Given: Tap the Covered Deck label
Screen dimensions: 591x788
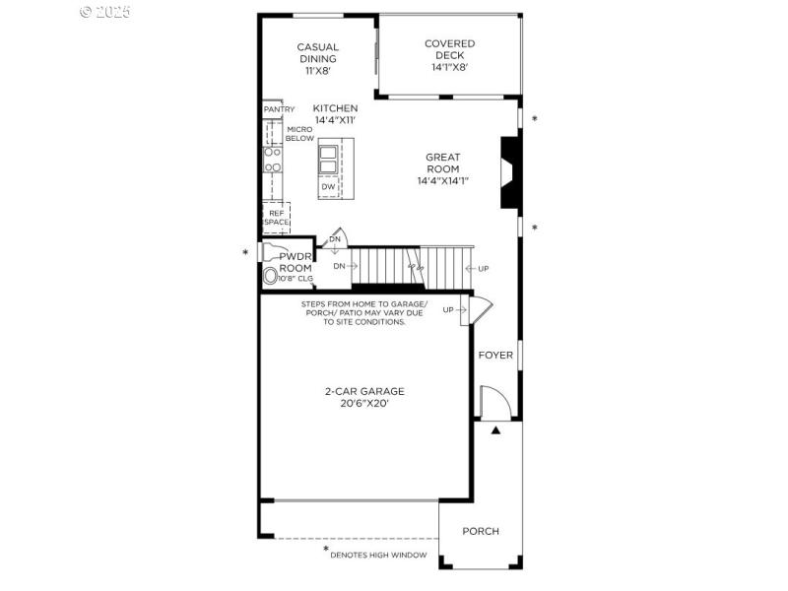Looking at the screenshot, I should click(449, 55).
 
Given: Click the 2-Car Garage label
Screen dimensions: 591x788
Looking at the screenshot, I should click(364, 391).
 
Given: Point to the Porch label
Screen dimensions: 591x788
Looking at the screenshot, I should click(481, 531).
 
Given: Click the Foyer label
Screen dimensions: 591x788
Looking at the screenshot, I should click(495, 356).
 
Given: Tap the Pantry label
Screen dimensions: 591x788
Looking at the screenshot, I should click(279, 109).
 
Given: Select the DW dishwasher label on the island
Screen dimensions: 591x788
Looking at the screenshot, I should click(328, 187).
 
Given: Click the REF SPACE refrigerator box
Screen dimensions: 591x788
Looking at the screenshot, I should click(276, 218).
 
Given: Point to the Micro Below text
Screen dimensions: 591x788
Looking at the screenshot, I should click(299, 134).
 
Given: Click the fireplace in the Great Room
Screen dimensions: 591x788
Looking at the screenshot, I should click(509, 172).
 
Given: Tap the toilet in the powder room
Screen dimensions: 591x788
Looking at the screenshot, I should click(271, 277).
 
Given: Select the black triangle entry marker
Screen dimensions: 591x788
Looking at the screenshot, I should click(496, 430).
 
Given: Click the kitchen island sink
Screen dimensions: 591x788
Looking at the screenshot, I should click(328, 159).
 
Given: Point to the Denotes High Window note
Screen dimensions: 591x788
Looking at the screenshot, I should click(378, 556).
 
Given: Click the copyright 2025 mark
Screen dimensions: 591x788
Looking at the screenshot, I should click(104, 12).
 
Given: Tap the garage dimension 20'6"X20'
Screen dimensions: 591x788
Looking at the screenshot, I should click(364, 404).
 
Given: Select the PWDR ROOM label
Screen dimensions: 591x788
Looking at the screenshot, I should click(295, 263).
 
